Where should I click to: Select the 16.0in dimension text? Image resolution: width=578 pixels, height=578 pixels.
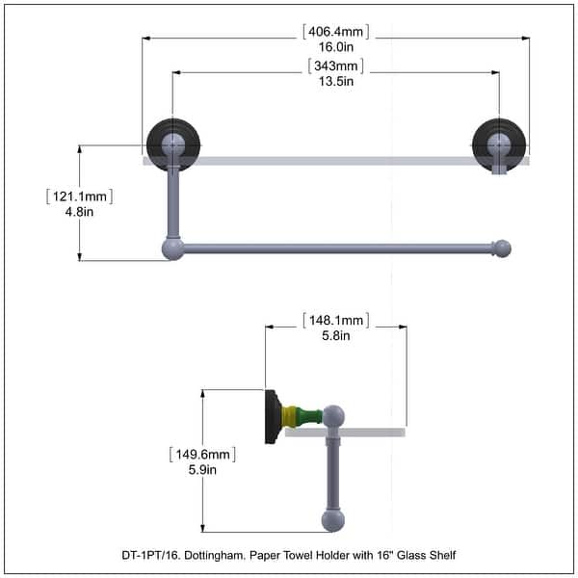click(x=335, y=46)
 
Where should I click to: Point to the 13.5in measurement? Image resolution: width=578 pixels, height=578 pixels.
click(x=336, y=81)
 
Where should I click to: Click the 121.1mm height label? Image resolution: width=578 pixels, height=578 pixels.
click(x=79, y=197)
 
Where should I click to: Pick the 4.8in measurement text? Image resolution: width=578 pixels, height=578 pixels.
click(x=79, y=212)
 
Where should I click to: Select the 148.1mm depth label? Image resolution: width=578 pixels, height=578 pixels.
click(x=336, y=320)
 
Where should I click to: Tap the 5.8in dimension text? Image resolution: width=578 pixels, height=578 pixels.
click(x=336, y=335)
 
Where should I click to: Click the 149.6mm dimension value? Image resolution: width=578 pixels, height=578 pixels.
click(x=203, y=454)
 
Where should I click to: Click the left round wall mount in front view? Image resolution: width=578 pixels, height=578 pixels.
click(x=172, y=144)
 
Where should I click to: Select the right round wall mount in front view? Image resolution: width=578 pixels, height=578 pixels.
click(x=499, y=144)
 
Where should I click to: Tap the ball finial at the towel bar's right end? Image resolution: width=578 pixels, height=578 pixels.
click(x=502, y=249)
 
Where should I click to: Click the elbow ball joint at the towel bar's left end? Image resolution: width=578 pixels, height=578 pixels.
click(x=172, y=250)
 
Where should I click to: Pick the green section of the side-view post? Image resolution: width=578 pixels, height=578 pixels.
click(x=308, y=416)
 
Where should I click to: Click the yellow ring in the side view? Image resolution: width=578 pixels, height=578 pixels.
click(x=290, y=416)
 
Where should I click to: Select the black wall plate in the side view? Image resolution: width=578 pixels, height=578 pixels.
click(x=273, y=416)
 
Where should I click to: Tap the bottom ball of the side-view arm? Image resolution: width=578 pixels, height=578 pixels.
click(x=333, y=521)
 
